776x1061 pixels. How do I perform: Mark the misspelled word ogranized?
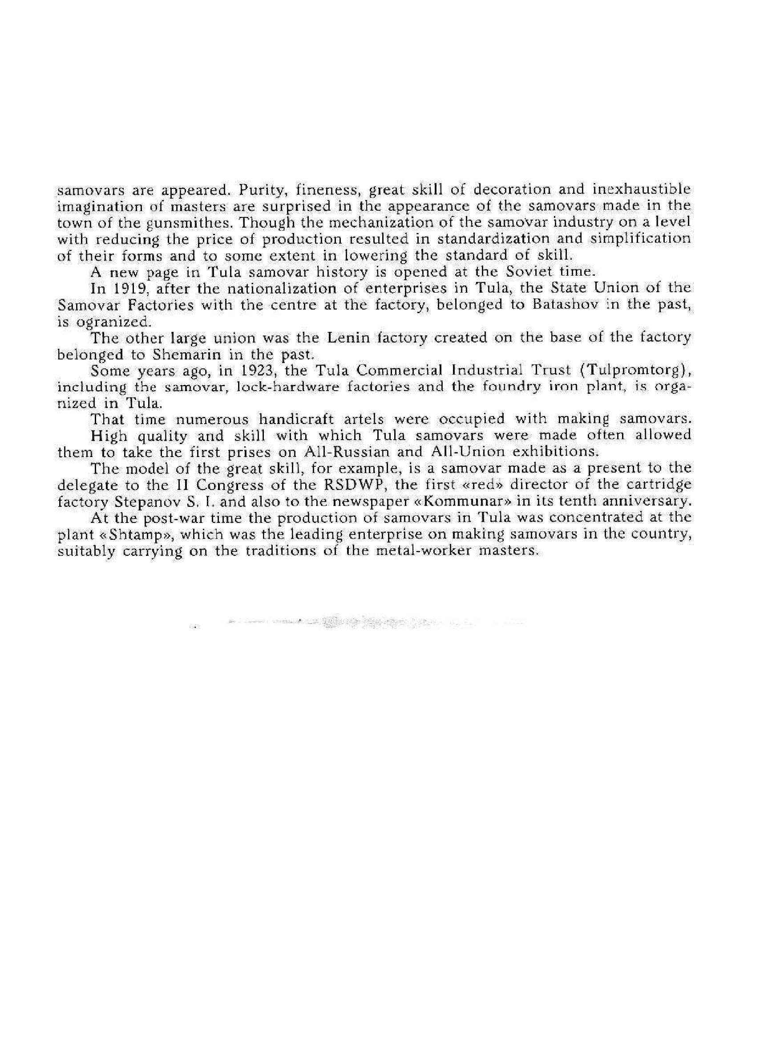[x=110, y=322]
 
